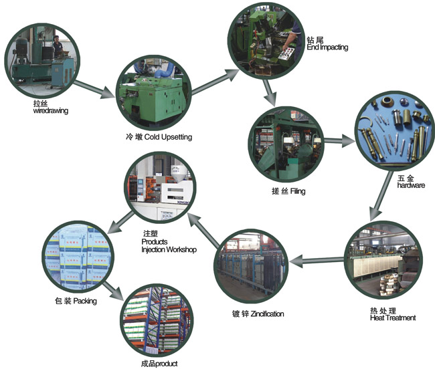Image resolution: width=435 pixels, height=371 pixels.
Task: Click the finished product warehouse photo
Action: point(156,322)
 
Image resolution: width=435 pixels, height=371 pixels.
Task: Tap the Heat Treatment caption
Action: point(392,318)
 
